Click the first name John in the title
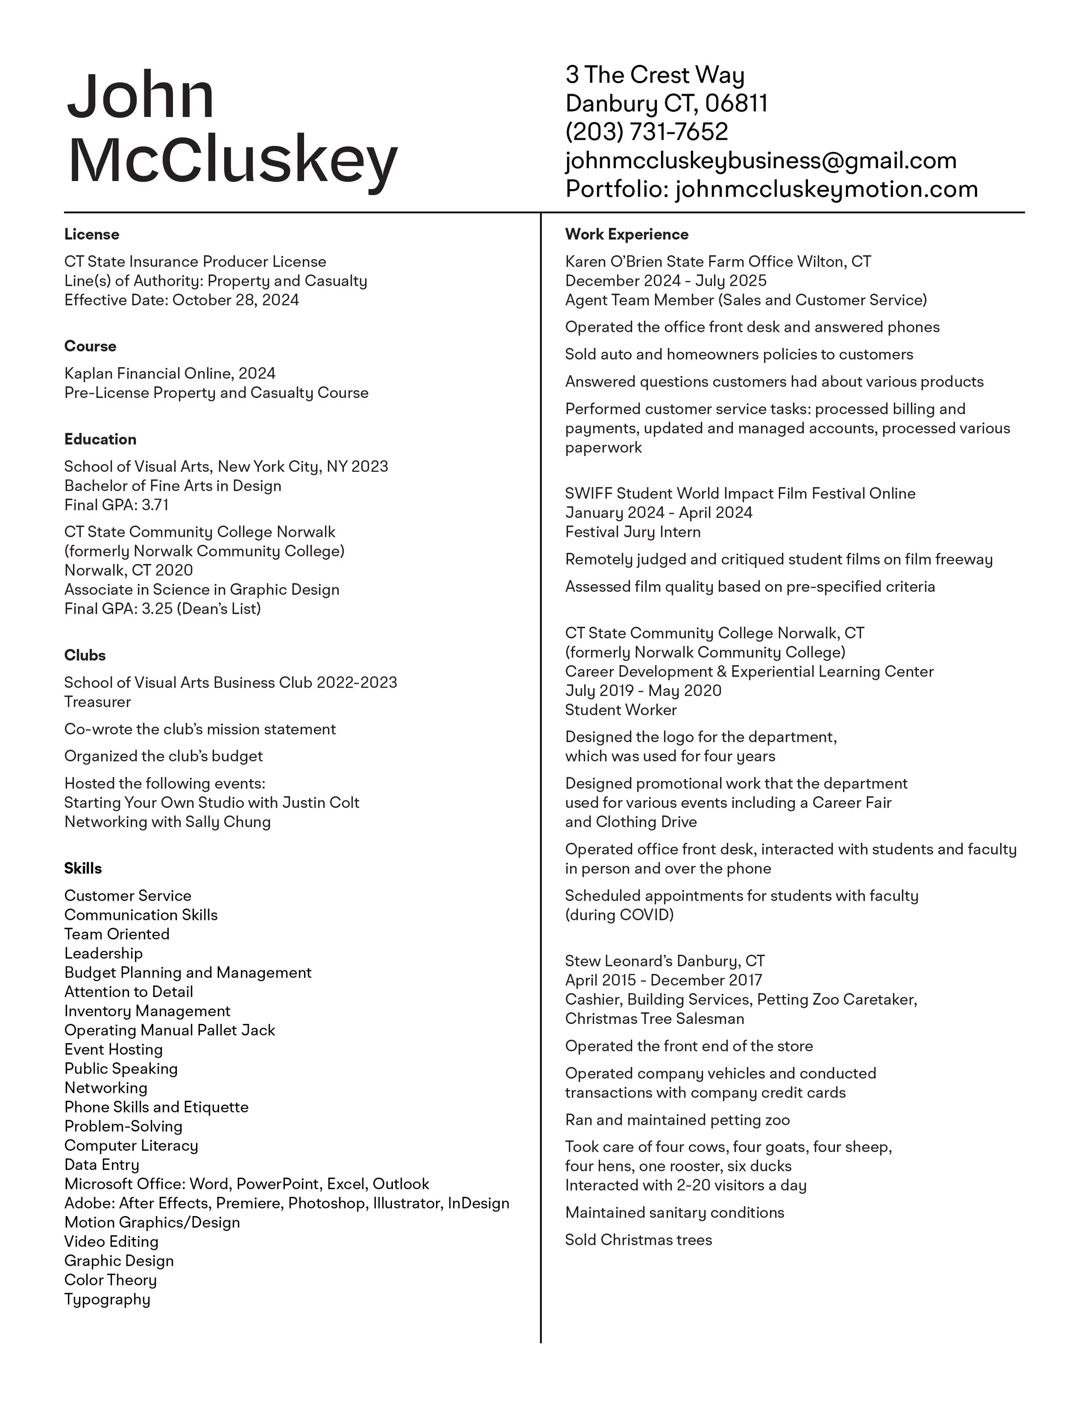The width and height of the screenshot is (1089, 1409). point(141,97)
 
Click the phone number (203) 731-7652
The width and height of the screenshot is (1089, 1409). point(646,132)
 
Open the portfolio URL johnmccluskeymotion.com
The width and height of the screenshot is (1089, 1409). point(826,189)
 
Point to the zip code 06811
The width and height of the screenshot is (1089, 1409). point(736,103)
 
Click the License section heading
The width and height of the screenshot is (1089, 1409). point(91,234)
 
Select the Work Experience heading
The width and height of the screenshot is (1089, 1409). point(626,234)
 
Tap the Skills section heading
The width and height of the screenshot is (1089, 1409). point(83,868)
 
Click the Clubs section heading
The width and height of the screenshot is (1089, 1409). point(85,656)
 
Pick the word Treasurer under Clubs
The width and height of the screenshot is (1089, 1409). point(98,702)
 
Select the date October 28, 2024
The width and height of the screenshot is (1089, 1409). point(236,300)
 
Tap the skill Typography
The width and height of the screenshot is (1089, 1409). point(107,1299)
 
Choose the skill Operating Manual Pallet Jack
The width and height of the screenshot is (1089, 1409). point(170,1031)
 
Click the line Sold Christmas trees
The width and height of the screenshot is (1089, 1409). point(638,1240)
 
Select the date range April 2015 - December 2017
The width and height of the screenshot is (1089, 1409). point(663,980)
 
